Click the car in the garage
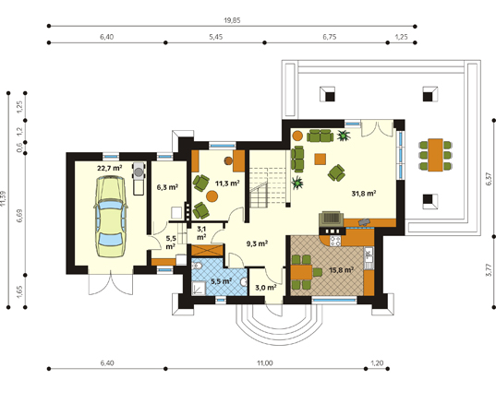[x=110, y=217]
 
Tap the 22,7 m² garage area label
[x=109, y=168]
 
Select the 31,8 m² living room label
[x=364, y=193]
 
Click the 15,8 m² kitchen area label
[x=341, y=270]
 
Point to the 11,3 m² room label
[x=227, y=183]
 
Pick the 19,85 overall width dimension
[x=232, y=20]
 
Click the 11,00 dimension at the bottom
[x=265, y=363]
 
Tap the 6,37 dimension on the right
[x=489, y=179]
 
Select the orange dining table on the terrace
[x=435, y=155]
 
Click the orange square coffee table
[x=321, y=159]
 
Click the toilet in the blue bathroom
[x=197, y=265]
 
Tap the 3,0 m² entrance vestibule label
[x=266, y=288]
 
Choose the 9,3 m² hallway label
[x=257, y=243]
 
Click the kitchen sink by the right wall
[x=369, y=257]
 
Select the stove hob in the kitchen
[x=335, y=241]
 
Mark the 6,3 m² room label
[x=167, y=187]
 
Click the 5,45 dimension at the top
[x=216, y=37]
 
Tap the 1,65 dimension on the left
[x=19, y=291]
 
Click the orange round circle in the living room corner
[x=297, y=136]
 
